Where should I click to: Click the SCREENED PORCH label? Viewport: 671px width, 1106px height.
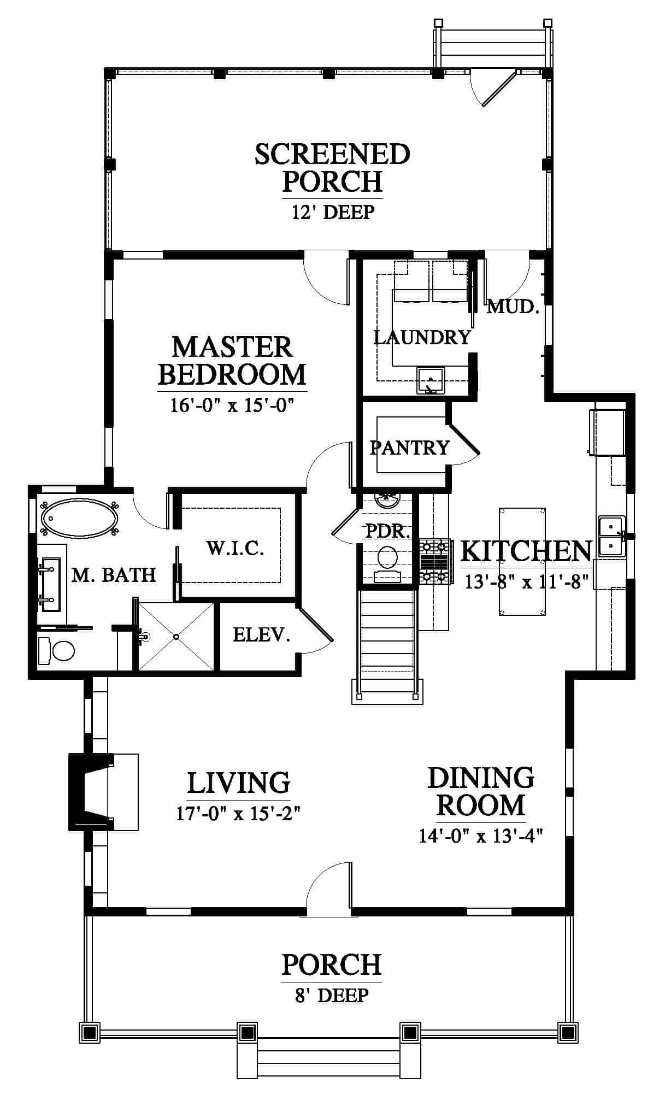pyautogui.click(x=332, y=167)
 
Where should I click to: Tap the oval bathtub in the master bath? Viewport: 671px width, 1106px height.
pyautogui.click(x=80, y=517)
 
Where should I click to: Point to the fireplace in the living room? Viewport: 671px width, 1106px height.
pyautogui.click(x=90, y=791)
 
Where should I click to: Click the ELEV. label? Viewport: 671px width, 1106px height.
pyautogui.click(x=261, y=634)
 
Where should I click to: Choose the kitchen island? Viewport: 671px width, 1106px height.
pyautogui.click(x=522, y=561)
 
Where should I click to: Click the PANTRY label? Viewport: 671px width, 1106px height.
pyautogui.click(x=410, y=448)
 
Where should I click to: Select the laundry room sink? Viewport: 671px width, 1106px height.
pyautogui.click(x=431, y=380)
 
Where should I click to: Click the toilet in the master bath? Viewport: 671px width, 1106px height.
pyautogui.click(x=56, y=651)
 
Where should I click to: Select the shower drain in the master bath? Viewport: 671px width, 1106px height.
pyautogui.click(x=176, y=637)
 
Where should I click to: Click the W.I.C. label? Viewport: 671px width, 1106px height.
pyautogui.click(x=236, y=548)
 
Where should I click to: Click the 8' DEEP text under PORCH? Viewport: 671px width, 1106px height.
pyautogui.click(x=332, y=995)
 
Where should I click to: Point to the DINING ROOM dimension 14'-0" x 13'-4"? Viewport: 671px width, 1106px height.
pyautogui.click(x=481, y=837)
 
